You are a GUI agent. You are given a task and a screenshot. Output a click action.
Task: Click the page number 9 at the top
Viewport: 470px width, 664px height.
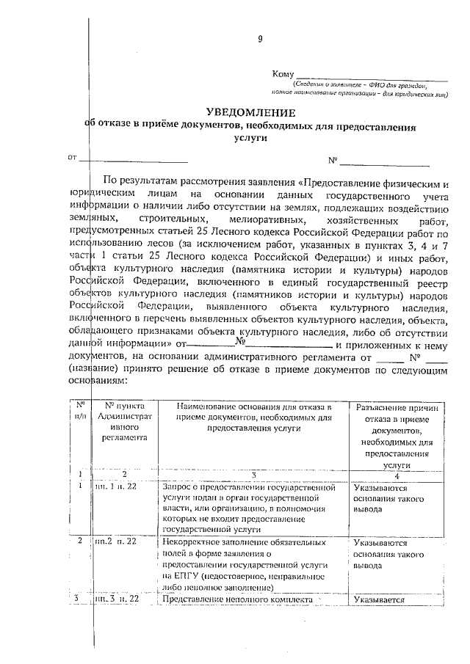[x=259, y=39]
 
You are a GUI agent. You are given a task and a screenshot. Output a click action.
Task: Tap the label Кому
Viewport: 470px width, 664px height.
[x=283, y=75]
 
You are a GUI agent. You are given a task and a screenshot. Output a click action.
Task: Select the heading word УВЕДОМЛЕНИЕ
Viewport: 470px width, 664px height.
[x=250, y=112]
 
